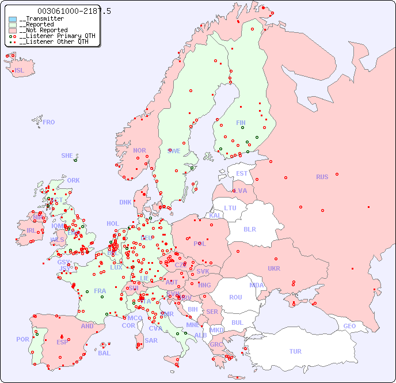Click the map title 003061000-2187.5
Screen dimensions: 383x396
74,11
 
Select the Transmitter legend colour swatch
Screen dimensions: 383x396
13,19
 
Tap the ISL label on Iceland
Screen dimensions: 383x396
20,71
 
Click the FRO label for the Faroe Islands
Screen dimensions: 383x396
49,122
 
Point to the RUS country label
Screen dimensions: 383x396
322,177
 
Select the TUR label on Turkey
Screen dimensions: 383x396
295,351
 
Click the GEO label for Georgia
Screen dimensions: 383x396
349,326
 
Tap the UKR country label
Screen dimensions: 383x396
274,268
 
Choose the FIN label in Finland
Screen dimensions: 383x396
241,123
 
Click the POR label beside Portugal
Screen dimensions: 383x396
22,339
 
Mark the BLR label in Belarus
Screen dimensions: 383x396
250,229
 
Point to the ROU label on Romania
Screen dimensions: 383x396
235,297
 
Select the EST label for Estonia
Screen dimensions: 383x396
242,173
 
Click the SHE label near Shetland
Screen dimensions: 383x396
67,156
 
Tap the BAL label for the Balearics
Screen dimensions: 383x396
104,353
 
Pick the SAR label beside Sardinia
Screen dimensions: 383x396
151,340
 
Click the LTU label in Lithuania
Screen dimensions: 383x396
230,208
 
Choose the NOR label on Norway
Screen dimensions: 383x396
139,150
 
